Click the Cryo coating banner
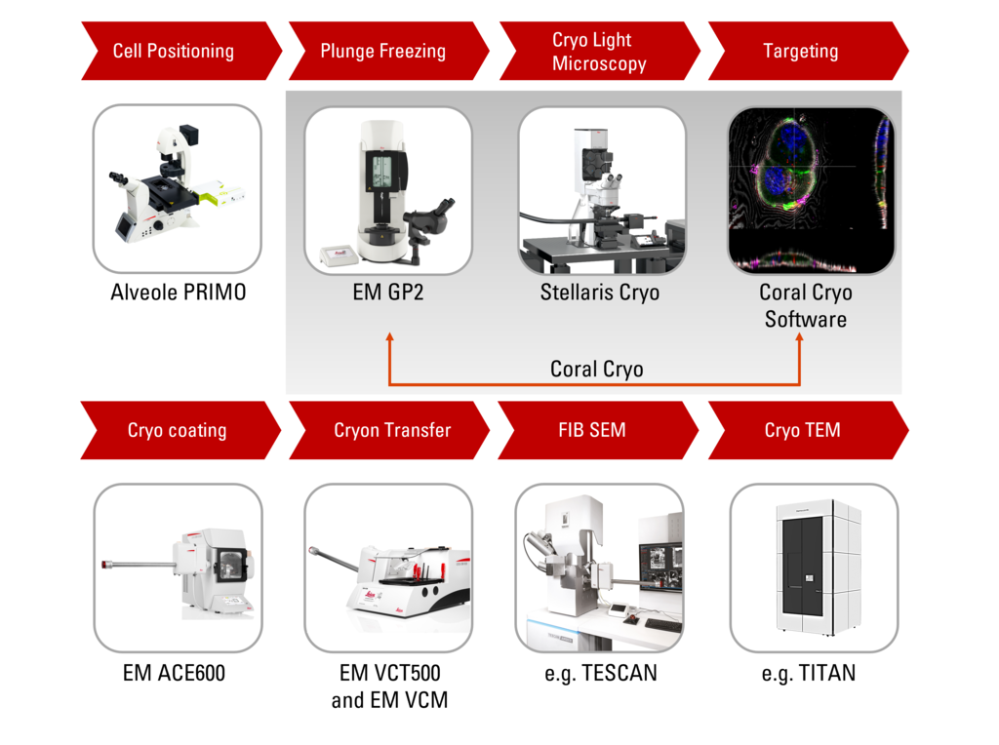[177, 430]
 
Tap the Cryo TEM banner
[802, 430]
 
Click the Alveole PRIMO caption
[179, 293]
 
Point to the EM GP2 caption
[388, 293]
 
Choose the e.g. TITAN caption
[808, 673]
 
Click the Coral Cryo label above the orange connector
[596, 370]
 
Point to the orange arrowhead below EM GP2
[389, 337]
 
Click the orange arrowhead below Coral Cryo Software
[801, 337]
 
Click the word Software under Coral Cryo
[806, 319]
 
